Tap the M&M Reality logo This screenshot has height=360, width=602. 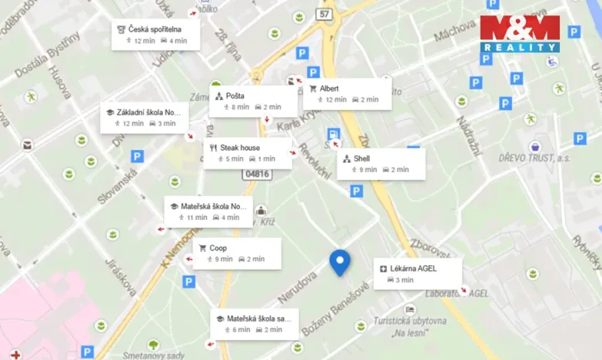coord(520,34)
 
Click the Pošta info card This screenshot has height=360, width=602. coord(253,102)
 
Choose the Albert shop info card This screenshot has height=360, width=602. coord(347,94)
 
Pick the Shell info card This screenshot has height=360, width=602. coord(381,164)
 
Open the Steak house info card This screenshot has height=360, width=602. coord(248,153)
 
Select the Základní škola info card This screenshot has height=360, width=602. coord(144,117)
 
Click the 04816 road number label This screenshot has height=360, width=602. coord(256,175)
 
